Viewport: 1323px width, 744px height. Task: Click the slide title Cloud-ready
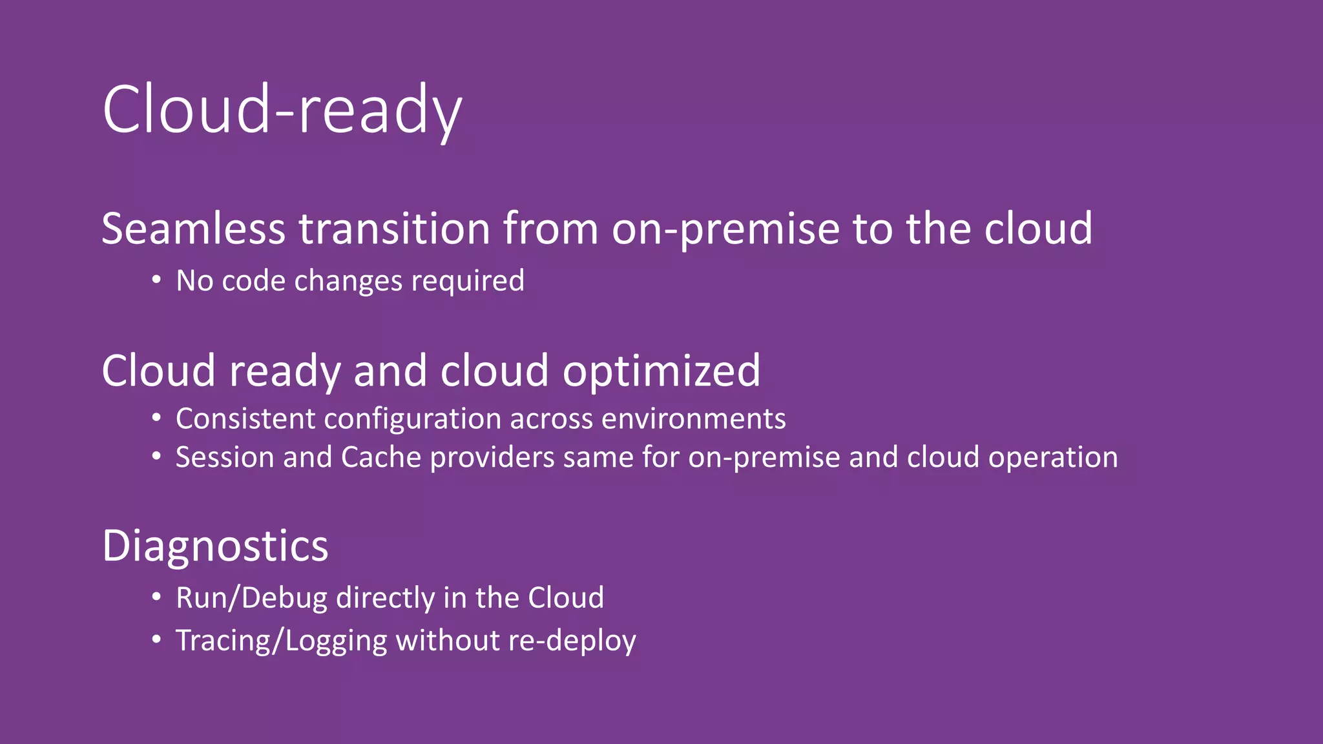[x=282, y=110]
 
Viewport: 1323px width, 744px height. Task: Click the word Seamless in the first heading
[x=193, y=229]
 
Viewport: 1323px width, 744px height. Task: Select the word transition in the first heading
[x=394, y=229]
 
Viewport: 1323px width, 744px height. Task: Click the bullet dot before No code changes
[x=156, y=280]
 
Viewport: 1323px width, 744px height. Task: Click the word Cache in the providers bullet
[x=381, y=457]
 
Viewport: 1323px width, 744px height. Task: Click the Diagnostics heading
[x=215, y=546]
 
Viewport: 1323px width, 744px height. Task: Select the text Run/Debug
[x=251, y=598]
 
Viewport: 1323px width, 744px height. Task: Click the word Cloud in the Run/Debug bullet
[x=565, y=597]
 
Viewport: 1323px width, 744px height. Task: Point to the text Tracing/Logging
[x=281, y=641]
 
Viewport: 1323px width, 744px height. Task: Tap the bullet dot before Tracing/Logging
[x=156, y=640]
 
